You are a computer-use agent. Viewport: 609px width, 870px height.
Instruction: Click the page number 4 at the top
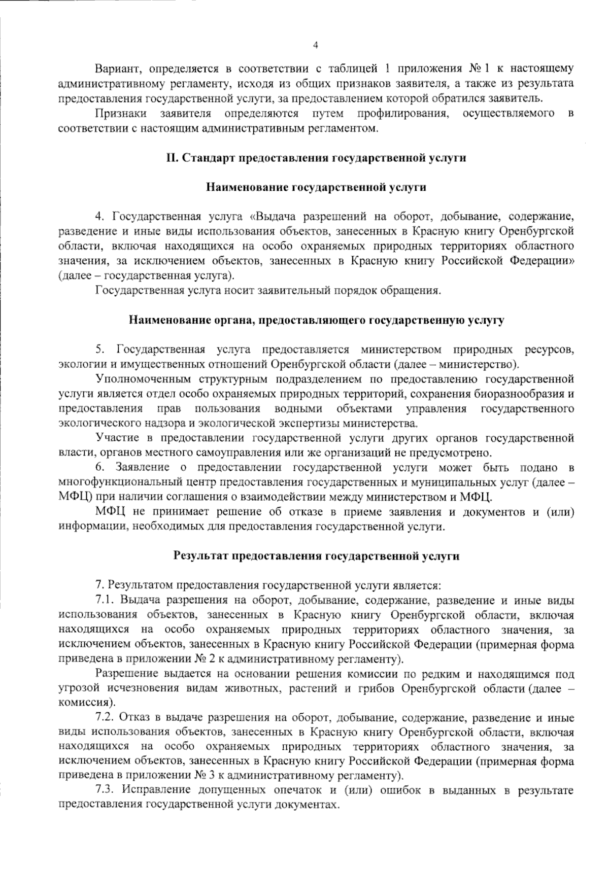pos(315,46)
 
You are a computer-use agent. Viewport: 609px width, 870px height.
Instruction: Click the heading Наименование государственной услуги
pos(316,187)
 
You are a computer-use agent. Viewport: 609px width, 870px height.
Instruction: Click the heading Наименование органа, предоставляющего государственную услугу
pos(316,320)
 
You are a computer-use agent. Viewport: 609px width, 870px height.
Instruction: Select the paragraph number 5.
pos(99,350)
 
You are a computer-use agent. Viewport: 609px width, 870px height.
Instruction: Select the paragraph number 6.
pos(99,467)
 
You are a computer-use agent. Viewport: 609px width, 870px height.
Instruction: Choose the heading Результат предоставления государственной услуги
pos(316,556)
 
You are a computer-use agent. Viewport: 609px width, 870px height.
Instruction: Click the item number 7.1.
pos(104,601)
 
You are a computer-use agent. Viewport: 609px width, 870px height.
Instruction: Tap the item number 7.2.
pos(104,718)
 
